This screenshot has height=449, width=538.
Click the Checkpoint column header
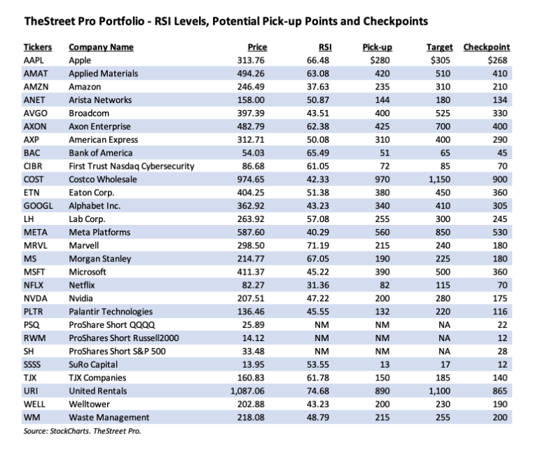coord(486,48)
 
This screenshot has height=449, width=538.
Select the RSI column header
coord(325,48)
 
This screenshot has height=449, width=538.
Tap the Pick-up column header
coord(377,48)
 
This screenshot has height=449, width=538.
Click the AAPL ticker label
coord(34,60)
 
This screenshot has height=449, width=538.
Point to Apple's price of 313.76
coord(251,60)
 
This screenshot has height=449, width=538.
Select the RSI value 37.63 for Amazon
coord(318,87)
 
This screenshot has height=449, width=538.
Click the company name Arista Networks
coord(100,100)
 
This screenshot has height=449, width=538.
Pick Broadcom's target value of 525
coord(443,113)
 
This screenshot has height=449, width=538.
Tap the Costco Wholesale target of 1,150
coord(439,179)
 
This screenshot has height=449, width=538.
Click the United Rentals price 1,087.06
coord(247,391)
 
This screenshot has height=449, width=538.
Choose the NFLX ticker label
coord(34,285)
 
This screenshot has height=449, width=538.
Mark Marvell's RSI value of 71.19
coord(318,246)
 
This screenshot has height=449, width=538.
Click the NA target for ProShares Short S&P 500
coord(444,352)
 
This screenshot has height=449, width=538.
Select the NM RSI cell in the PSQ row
coord(322,325)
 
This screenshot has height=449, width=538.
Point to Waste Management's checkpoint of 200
coord(500,417)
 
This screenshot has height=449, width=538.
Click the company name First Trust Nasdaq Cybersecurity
coord(132,166)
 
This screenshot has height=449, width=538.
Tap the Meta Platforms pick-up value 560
coord(382,233)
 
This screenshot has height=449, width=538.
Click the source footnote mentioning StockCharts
coord(83,431)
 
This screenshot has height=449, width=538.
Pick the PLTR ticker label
coord(34,312)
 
